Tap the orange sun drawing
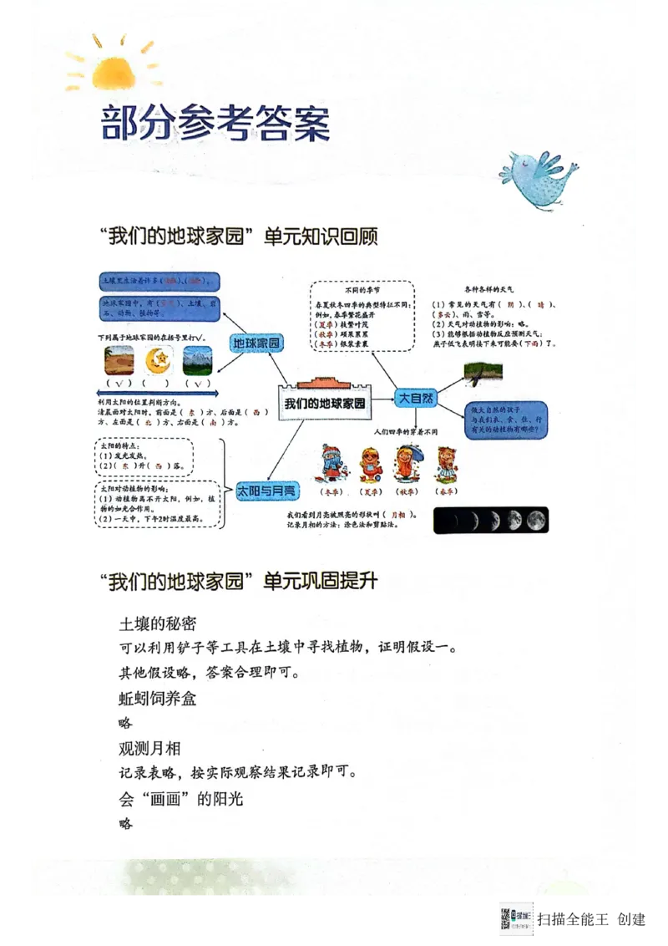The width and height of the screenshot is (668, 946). (113, 71)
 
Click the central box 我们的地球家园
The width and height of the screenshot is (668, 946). (324, 403)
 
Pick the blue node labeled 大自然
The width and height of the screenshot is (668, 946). (416, 399)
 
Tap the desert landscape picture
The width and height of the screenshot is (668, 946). (118, 360)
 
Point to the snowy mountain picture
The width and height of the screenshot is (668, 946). (196, 360)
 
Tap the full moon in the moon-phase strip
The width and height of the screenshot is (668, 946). (536, 521)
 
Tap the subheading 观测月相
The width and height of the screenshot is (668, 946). (149, 748)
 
